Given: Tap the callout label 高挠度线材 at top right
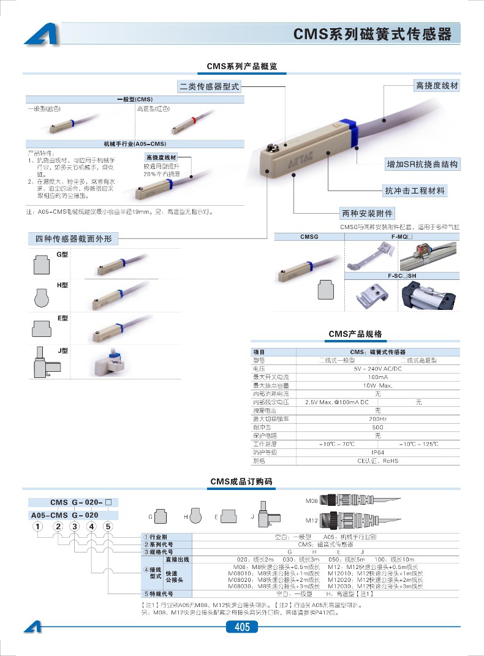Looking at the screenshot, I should tap(436, 86).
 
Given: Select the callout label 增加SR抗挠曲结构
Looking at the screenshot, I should tap(422, 164).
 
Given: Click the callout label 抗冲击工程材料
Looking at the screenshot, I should tap(415, 190).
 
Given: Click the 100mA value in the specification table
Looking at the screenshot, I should tap(377, 377).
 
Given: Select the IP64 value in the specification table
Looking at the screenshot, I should tap(377, 452).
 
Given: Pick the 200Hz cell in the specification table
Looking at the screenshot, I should tap(377, 419).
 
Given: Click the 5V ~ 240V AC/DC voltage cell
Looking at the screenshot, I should tap(377, 369).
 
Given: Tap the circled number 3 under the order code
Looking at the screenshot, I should tap(74, 526).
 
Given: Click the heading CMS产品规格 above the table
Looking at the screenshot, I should tap(355, 334).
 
